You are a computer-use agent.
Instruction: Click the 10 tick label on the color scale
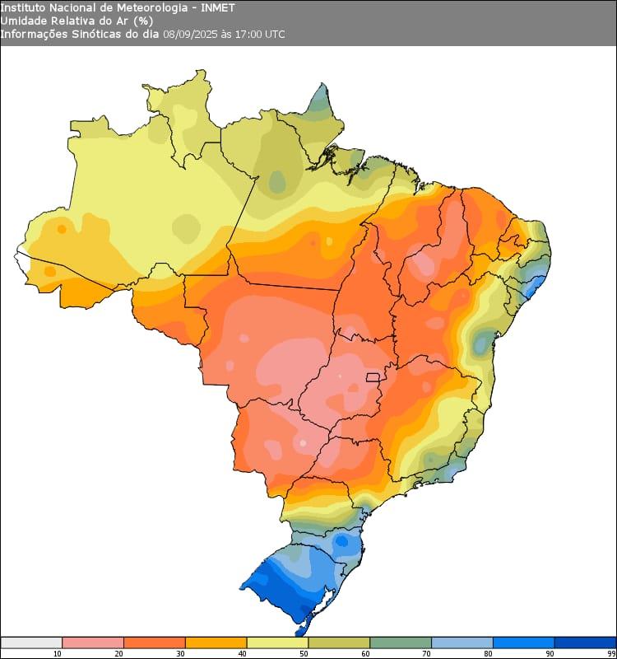[x=57, y=653]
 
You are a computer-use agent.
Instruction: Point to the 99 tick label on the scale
[x=611, y=653]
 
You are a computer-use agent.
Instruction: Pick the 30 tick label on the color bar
[x=180, y=653]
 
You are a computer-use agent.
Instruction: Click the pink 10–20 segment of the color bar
[x=92, y=643]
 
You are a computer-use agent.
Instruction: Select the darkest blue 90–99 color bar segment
[x=585, y=643]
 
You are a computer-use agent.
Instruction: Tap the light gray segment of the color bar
[x=31, y=643]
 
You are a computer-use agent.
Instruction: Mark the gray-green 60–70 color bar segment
[x=401, y=643]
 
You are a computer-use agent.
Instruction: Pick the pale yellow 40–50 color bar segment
[x=277, y=643]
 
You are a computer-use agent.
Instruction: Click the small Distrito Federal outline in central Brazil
[x=373, y=377]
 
